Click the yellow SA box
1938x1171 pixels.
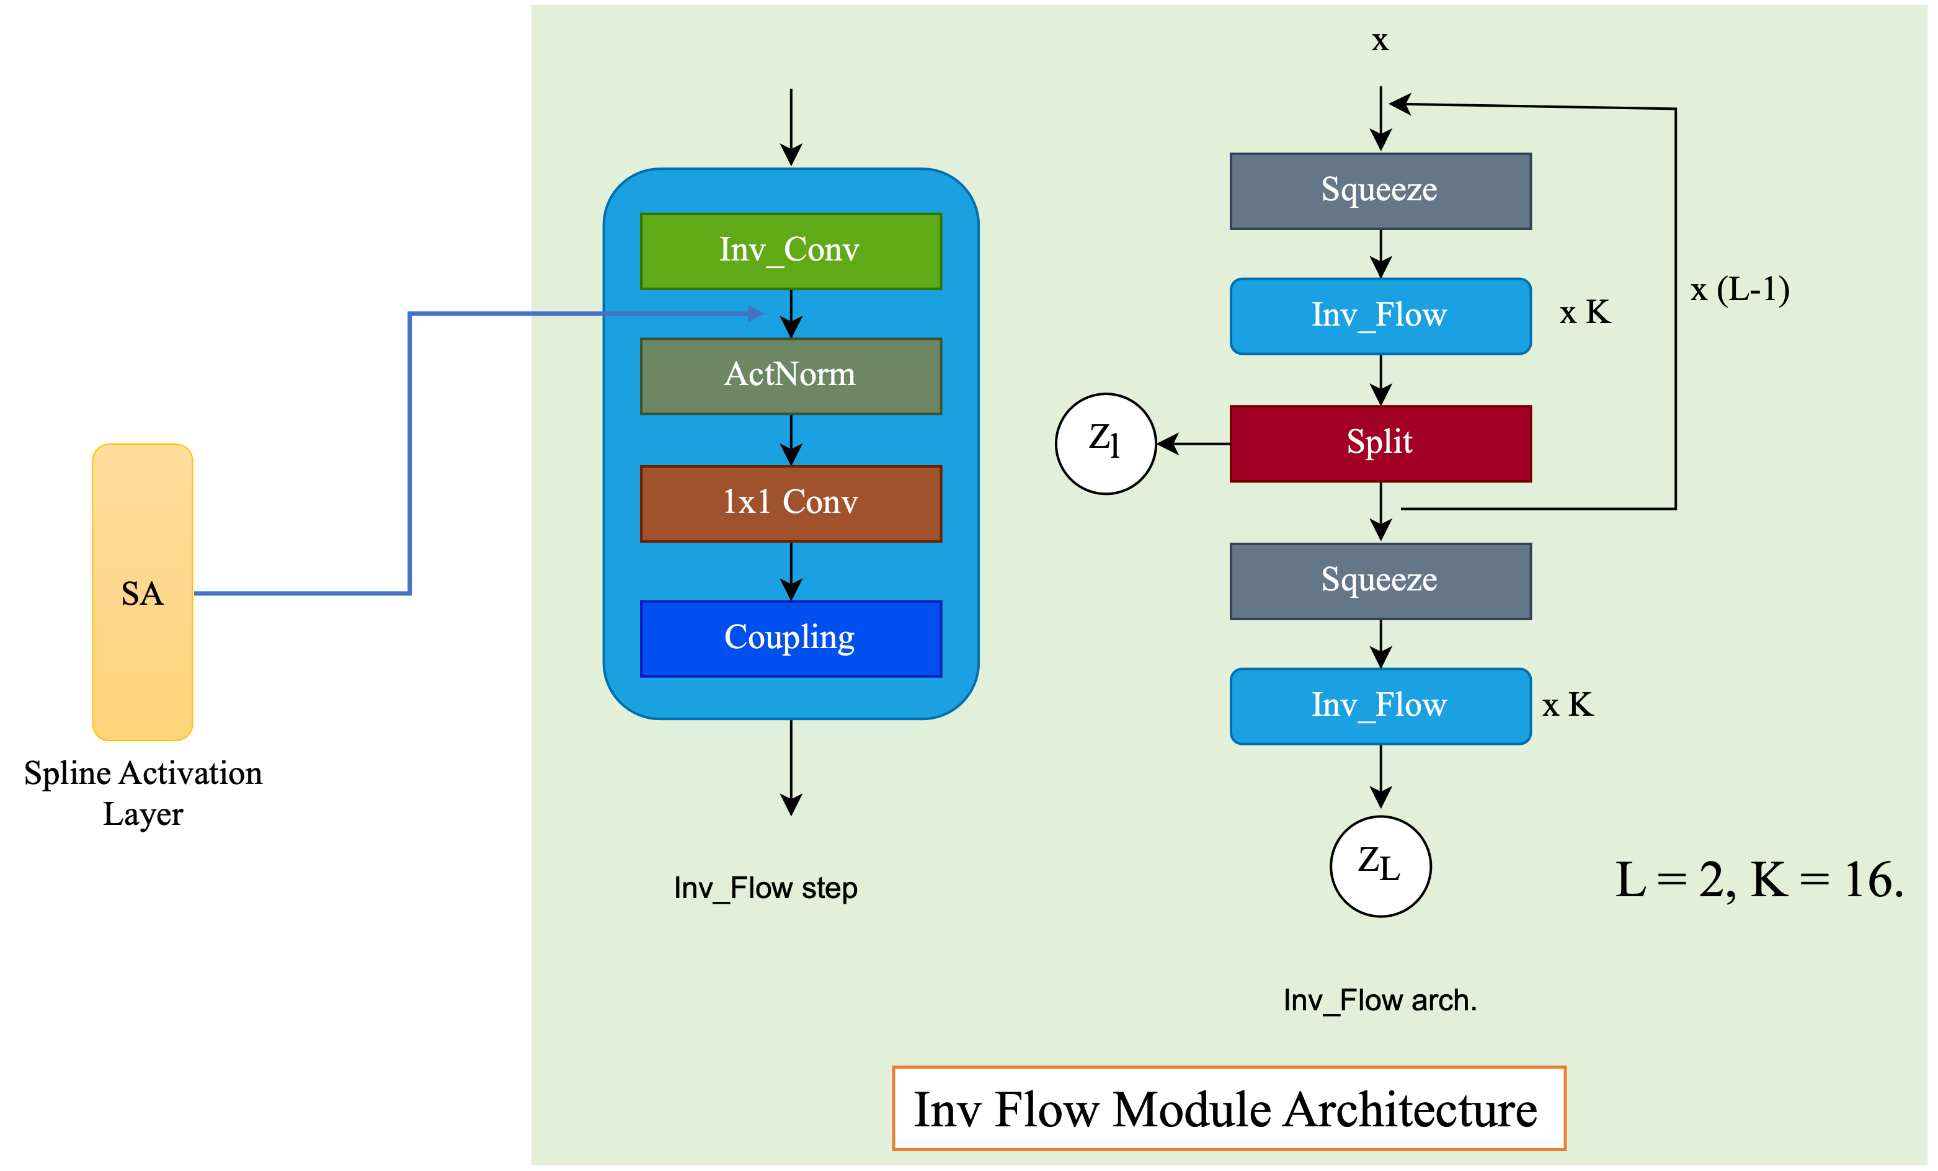tap(143, 592)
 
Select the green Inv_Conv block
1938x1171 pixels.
tap(791, 251)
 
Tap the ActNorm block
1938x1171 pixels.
tap(791, 376)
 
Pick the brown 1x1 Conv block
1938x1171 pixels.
tap(791, 503)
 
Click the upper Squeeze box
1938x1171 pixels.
tap(1380, 191)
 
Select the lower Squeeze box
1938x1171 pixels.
tap(1380, 581)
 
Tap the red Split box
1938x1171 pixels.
tap(1380, 443)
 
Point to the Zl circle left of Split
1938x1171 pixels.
tap(1105, 443)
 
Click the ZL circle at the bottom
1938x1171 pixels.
tap(1380, 866)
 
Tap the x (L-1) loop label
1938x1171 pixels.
tap(1740, 290)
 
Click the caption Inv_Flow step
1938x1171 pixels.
tap(765, 889)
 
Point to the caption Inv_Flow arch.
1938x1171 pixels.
tap(1380, 1000)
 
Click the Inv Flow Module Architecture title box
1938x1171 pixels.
tap(1229, 1109)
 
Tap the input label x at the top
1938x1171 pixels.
tap(1380, 41)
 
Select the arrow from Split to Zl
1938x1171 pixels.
tap(1193, 443)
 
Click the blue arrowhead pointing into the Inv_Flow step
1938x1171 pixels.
tap(756, 314)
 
